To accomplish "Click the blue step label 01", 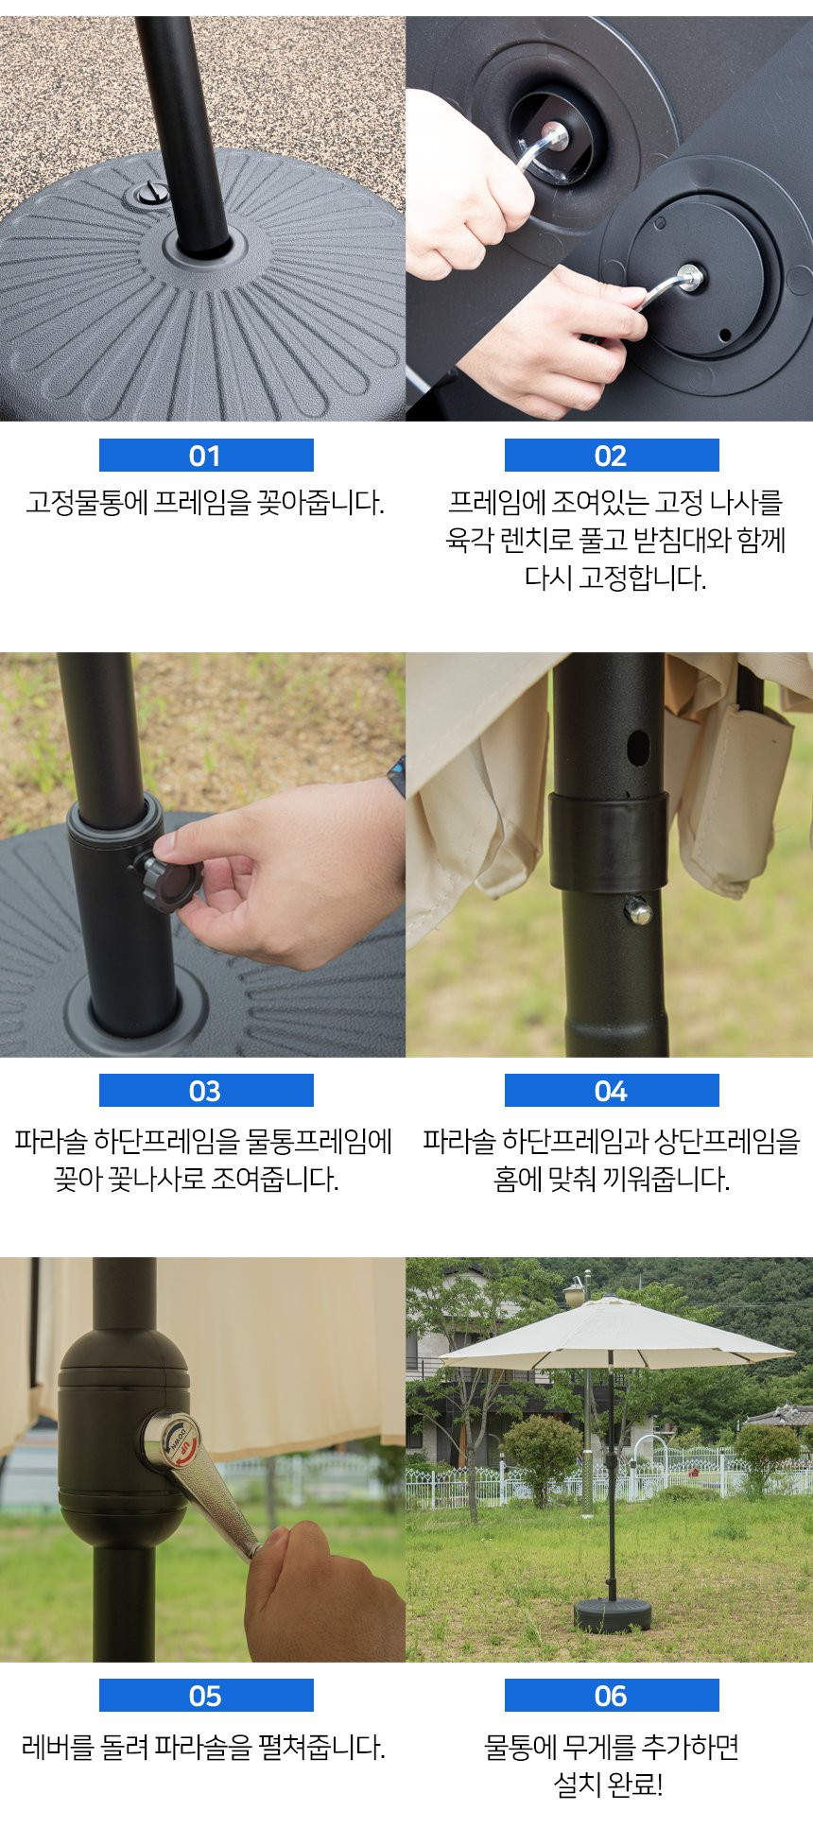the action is [206, 456].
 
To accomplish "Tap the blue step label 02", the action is [612, 456].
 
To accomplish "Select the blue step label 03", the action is [206, 1091].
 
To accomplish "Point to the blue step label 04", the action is [612, 1091].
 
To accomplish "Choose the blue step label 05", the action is [206, 1696].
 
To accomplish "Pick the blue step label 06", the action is [612, 1696].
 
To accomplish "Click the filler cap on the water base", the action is [149, 194].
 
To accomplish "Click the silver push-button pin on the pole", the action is [639, 911].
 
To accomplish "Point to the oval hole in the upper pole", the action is [638, 747].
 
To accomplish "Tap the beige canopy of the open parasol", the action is [615, 1334].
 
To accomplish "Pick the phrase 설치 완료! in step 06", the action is [609, 1785].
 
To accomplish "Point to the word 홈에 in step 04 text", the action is [517, 1180].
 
